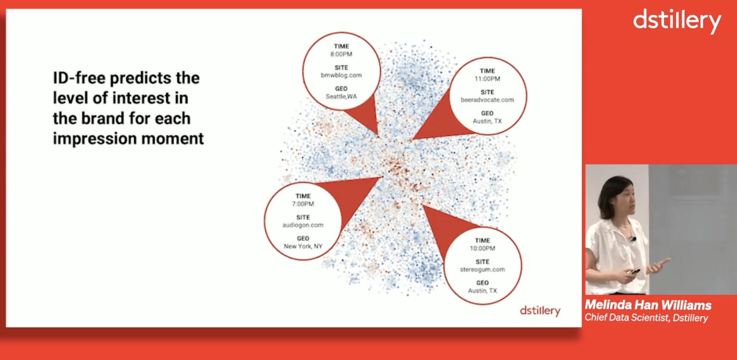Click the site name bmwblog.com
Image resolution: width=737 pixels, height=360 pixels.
coord(341,75)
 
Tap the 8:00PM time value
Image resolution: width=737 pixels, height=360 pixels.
coord(341,54)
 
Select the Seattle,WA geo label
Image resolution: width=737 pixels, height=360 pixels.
coord(341,96)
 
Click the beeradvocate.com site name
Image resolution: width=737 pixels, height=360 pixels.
coord(487,100)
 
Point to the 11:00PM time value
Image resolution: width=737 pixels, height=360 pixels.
coord(487,79)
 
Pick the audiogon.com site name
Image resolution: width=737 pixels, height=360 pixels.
coord(303,225)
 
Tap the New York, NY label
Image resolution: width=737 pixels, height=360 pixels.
coord(303,246)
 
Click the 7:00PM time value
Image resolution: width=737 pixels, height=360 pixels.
coord(303,204)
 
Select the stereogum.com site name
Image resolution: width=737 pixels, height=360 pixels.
coord(482,269)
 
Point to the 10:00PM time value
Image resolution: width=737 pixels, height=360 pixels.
coord(482,248)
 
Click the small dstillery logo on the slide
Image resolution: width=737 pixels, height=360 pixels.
coord(540,311)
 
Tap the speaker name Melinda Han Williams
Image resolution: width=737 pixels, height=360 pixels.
coord(648,305)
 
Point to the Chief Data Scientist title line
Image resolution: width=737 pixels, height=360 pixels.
coord(646,318)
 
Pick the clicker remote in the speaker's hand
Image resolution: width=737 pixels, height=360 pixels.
coord(634,271)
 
